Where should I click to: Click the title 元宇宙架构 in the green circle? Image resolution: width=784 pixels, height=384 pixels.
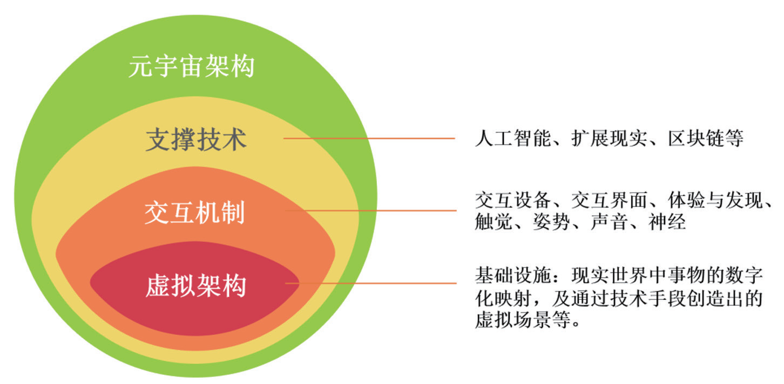(x=192, y=66)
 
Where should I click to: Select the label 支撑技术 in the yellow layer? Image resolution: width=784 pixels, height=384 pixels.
(x=196, y=139)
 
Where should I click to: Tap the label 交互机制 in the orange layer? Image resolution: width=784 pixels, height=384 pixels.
(x=194, y=212)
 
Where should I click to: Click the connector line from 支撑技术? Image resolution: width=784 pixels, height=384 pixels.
(x=369, y=139)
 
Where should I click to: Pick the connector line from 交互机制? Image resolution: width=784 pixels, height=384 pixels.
(x=370, y=210)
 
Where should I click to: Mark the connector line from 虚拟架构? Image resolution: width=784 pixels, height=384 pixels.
(x=370, y=283)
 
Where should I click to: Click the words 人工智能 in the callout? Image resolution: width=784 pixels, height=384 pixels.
(x=513, y=138)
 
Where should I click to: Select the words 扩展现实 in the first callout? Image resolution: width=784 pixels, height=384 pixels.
(x=609, y=138)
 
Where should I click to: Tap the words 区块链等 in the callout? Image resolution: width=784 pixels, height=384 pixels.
(x=705, y=138)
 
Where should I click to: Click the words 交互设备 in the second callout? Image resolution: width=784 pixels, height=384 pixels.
(x=513, y=201)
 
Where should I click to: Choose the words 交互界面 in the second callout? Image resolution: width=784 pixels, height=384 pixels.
(x=609, y=201)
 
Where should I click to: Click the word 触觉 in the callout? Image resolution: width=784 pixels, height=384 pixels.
(x=494, y=222)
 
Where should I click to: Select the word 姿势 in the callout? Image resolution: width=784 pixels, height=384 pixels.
(x=551, y=222)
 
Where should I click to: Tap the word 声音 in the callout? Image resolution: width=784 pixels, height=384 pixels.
(x=609, y=222)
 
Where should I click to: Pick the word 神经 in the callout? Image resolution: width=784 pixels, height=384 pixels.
(x=667, y=222)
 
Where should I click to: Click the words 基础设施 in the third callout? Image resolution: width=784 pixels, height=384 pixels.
(x=513, y=275)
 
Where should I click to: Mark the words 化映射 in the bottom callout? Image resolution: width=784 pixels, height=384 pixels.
(x=503, y=298)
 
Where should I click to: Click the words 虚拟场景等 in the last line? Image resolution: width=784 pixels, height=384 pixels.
(x=523, y=320)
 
